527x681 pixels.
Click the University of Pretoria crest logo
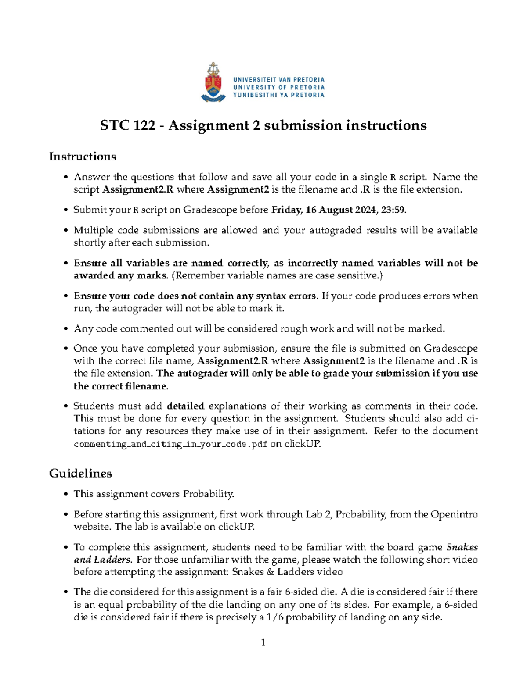(213, 83)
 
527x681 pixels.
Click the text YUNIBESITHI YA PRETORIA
(278, 95)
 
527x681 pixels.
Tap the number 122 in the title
(144, 126)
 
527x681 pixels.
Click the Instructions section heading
(83, 157)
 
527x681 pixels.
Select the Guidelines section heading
(80, 474)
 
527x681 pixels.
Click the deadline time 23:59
(393, 210)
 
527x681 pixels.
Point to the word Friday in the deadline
(286, 210)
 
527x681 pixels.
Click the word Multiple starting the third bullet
(93, 230)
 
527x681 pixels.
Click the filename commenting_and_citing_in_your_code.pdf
(170, 444)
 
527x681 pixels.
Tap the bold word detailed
(186, 406)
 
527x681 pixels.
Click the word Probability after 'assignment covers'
(209, 494)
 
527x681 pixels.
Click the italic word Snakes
(462, 547)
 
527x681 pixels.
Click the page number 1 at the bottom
(263, 643)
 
